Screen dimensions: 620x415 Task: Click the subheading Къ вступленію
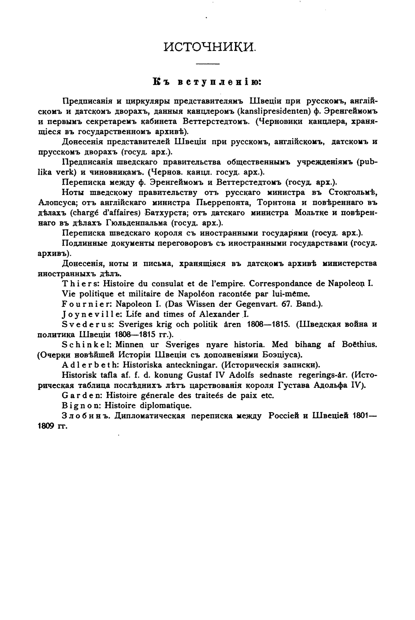coord(208,81)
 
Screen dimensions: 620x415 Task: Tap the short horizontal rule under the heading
coord(207,64)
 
